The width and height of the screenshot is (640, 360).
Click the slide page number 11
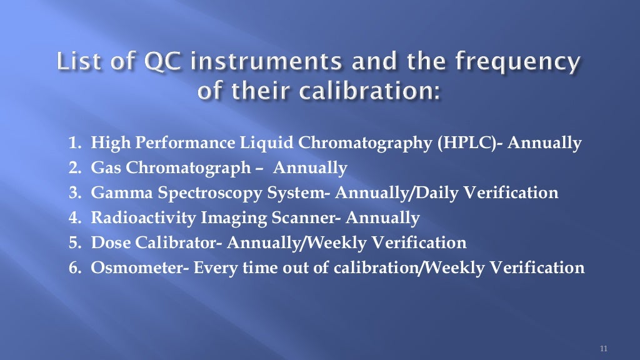(603, 348)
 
